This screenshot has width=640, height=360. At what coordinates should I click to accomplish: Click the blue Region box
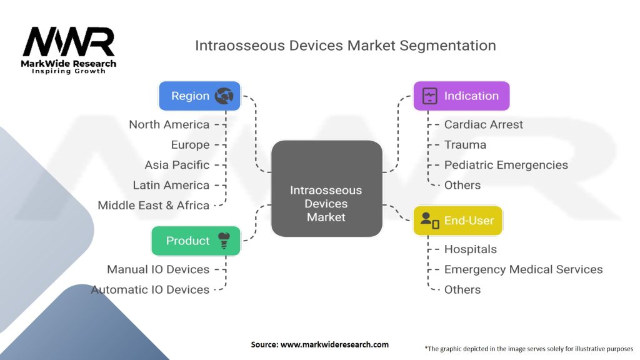(199, 96)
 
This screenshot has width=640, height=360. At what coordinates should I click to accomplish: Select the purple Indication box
(461, 96)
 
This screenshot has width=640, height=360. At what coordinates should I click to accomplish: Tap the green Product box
(196, 241)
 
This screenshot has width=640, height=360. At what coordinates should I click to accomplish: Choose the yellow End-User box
(457, 221)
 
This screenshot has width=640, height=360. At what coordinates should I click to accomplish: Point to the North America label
(169, 124)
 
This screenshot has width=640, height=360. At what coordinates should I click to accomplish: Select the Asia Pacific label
(177, 165)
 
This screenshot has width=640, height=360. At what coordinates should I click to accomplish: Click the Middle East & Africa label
(154, 205)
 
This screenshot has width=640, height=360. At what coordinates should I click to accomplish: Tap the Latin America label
(171, 185)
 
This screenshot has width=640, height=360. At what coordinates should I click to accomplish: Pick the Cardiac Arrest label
(483, 124)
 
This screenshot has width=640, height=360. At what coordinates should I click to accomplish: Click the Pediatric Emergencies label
(506, 165)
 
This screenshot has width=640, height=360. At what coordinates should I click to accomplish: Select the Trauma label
(465, 144)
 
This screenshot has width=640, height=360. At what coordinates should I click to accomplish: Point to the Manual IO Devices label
(158, 269)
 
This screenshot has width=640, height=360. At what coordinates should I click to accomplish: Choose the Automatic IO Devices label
(150, 289)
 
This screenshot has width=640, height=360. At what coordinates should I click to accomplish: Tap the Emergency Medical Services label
(523, 269)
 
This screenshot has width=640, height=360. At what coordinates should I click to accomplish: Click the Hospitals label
(471, 249)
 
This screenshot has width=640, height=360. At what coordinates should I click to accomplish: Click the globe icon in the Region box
(224, 96)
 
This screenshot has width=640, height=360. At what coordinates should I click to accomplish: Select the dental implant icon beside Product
(224, 241)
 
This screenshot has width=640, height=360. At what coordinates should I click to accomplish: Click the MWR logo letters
(69, 42)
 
